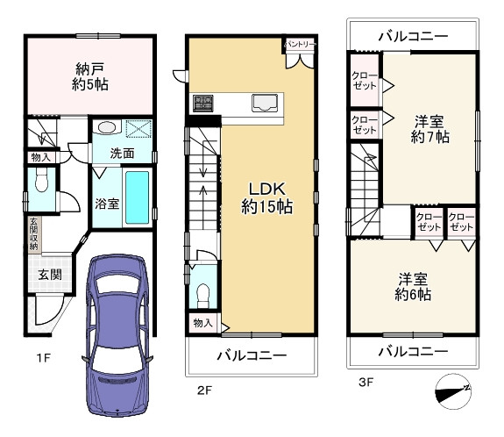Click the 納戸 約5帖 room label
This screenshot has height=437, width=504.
coord(89,76)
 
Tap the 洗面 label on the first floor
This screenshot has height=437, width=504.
coord(122,154)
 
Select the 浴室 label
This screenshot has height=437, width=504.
coord(107,204)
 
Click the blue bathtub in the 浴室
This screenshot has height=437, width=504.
coord(137,197)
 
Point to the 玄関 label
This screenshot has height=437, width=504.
coord(50,275)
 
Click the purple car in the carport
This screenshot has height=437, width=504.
coord(117,334)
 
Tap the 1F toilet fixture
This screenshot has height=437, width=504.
coord(41,181)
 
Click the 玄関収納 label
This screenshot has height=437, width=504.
coord(33,234)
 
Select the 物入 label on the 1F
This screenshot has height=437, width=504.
coord(41,157)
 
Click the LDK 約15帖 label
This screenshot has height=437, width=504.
coord(266,197)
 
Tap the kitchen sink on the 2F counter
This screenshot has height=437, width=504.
coord(265,103)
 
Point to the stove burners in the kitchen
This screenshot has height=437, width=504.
coord(203,104)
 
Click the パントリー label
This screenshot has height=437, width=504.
coord(301,44)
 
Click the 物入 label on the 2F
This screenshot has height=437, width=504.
coord(202,323)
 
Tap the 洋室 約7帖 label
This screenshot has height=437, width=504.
coord(429,129)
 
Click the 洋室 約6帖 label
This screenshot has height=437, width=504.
coord(413,287)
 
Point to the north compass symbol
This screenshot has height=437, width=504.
coord(453,391)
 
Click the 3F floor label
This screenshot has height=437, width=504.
coord(366,383)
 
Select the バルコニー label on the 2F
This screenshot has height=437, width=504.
coord(252,355)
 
